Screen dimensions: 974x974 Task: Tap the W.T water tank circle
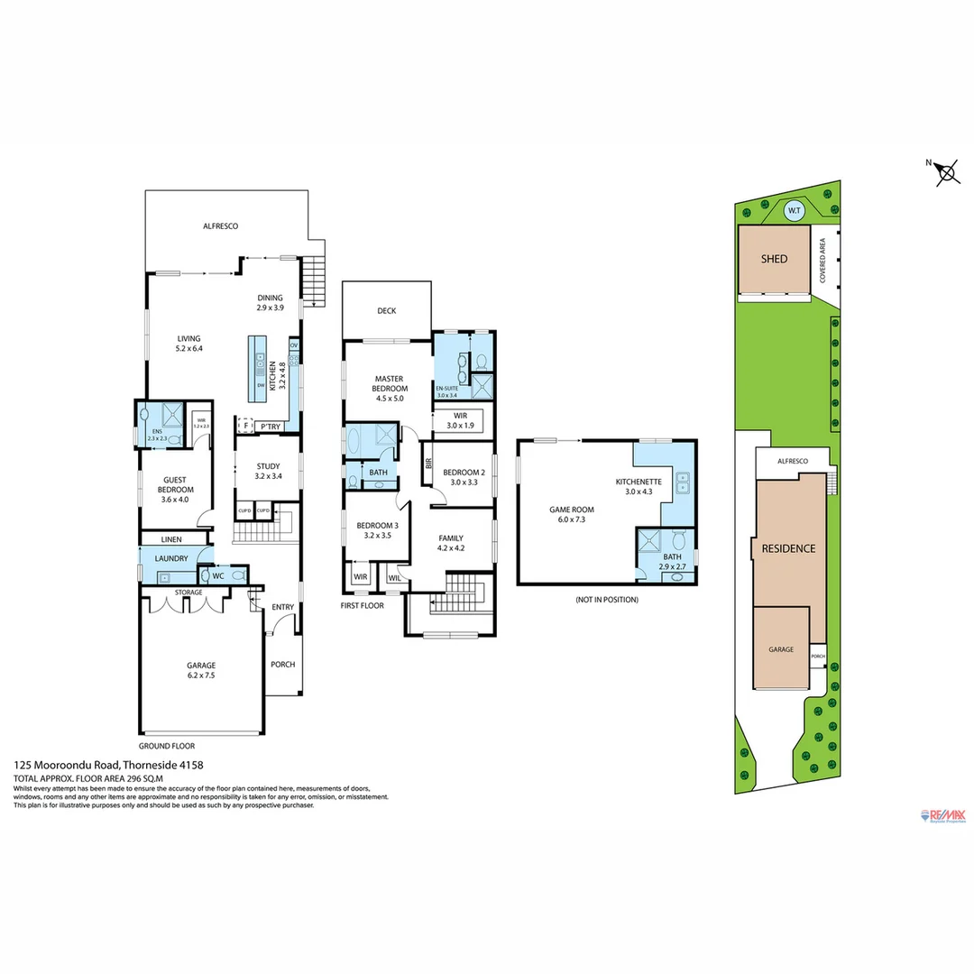tap(794, 211)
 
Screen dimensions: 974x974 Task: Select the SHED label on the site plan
tap(774, 259)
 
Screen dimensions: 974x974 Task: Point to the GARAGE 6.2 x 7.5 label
tap(201, 671)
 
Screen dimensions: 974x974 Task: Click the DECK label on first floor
tap(386, 311)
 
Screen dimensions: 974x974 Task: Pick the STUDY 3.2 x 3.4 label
tap(268, 471)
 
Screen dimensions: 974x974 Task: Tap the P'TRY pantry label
tap(270, 427)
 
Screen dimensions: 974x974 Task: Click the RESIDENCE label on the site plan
tap(788, 548)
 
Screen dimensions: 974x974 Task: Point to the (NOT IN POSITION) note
tap(606, 600)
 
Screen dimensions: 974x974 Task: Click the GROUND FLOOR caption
tap(167, 747)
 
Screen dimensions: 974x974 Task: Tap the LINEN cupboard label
tap(171, 539)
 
